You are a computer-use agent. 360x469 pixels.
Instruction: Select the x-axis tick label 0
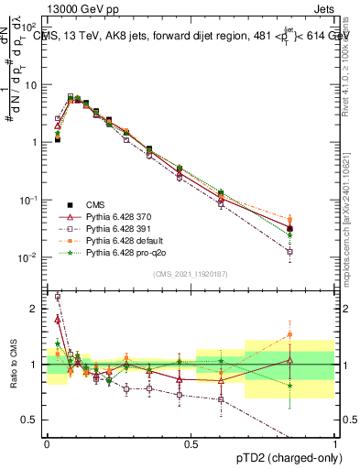coord(47,442)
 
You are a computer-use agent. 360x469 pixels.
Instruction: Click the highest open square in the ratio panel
coord(57,297)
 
